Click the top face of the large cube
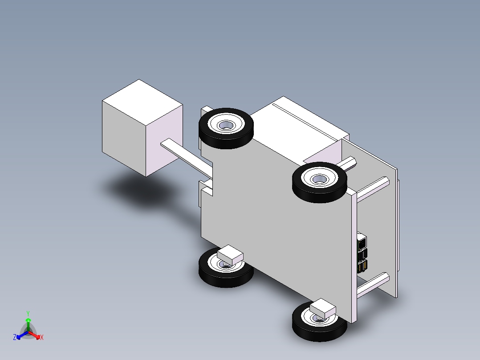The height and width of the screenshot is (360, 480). pyautogui.click(x=142, y=102)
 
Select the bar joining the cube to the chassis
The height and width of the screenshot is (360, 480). pyautogui.click(x=187, y=159)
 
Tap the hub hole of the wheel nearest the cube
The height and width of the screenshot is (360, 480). pyautogui.click(x=226, y=125)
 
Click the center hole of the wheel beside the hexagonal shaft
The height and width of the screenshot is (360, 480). pyautogui.click(x=320, y=179)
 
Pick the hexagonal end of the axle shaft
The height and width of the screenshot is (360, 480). pyautogui.click(x=348, y=163)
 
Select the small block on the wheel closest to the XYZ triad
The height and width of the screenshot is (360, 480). pyautogui.click(x=230, y=255)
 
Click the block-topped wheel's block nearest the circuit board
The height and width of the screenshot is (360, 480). pyautogui.click(x=323, y=308)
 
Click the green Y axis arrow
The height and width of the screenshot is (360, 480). pyautogui.click(x=28, y=324)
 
